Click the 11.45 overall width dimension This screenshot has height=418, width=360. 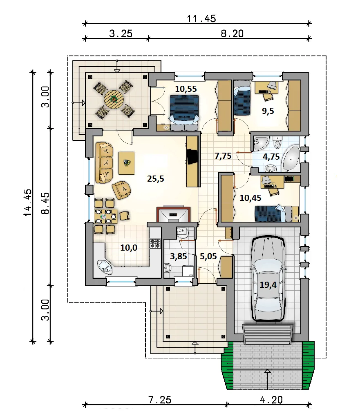pos(201,19)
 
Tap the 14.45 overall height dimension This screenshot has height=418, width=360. pos(28,202)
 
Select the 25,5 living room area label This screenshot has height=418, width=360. pos(156,179)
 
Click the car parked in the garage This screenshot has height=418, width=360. pos(268,278)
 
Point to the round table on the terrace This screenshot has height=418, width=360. pos(114,100)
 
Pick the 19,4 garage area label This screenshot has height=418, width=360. pos(268,285)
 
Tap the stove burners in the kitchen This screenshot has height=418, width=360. pos(155,243)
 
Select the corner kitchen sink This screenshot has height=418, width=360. pos(105,267)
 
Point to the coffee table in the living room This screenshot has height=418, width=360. pos(127,163)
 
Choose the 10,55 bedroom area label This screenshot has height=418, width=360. pos(186,89)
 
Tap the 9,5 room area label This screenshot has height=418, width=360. pos(268,111)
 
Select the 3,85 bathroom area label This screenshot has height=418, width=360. pos(179,256)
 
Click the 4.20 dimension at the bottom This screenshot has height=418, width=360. pos(271,400)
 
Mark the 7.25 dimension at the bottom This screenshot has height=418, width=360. pos(160,400)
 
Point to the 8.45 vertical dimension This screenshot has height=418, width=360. pos(46,203)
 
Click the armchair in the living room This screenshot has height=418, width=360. pos(122,189)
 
